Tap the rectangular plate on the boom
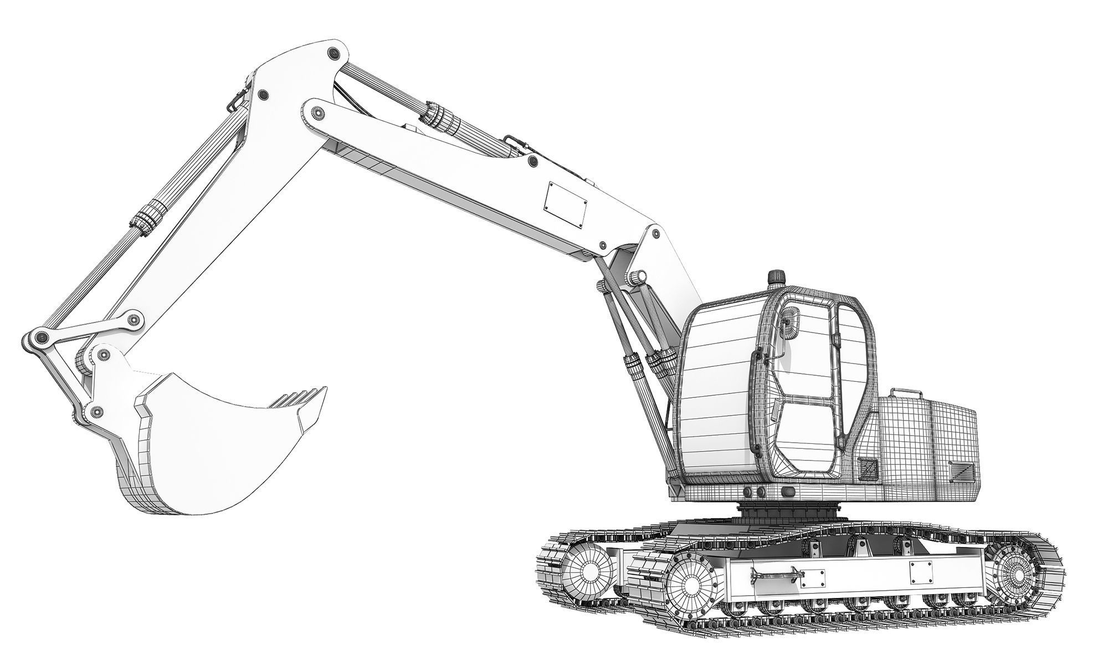[x=566, y=203]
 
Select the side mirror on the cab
[x=789, y=323]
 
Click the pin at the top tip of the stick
[x=333, y=53]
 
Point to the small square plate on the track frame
[x=920, y=572]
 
